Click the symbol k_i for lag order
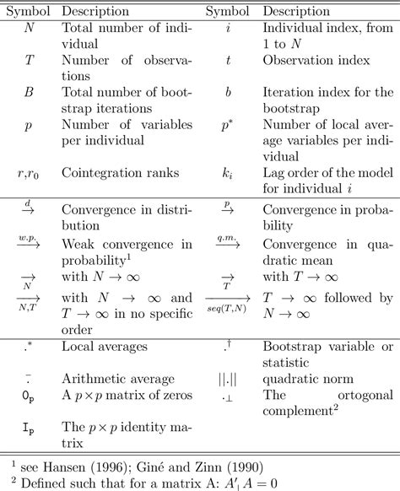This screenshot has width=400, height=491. tap(227, 173)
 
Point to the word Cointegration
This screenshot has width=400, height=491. tap(103, 173)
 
